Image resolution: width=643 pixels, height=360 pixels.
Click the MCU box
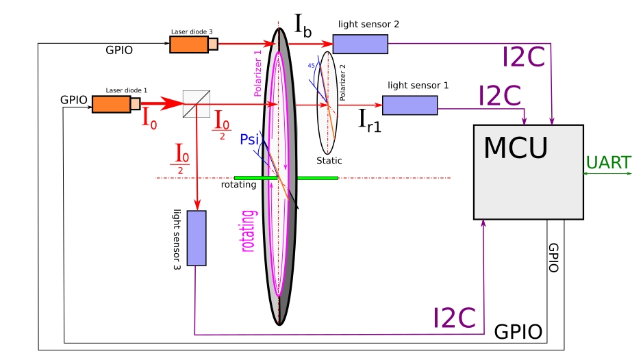[528, 172]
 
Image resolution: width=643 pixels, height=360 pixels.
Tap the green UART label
[608, 163]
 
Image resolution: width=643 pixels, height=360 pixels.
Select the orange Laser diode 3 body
[189, 44]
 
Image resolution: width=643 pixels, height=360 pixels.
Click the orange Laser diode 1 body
[111, 104]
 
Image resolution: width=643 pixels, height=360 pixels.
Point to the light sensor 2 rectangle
[360, 44]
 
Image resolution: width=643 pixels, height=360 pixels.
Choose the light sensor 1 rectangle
[409, 105]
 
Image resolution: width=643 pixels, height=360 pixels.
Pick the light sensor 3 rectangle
[197, 238]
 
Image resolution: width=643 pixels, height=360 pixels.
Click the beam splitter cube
[197, 104]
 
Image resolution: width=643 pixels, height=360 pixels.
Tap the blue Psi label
[249, 140]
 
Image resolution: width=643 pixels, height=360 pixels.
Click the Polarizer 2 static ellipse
[327, 103]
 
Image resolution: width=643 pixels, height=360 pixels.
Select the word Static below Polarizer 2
[329, 161]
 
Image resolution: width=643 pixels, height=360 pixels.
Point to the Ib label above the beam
[303, 25]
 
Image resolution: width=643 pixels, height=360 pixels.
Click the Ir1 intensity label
[370, 121]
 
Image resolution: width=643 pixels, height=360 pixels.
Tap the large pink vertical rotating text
[248, 231]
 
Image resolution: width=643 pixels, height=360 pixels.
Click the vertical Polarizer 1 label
[257, 74]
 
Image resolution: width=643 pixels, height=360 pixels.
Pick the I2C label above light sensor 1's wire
[499, 96]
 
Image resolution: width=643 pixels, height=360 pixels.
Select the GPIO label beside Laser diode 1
[74, 100]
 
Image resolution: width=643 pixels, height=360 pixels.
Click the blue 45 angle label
[312, 66]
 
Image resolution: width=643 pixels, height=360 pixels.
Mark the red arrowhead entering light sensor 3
[197, 205]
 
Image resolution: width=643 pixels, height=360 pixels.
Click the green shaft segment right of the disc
[318, 178]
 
